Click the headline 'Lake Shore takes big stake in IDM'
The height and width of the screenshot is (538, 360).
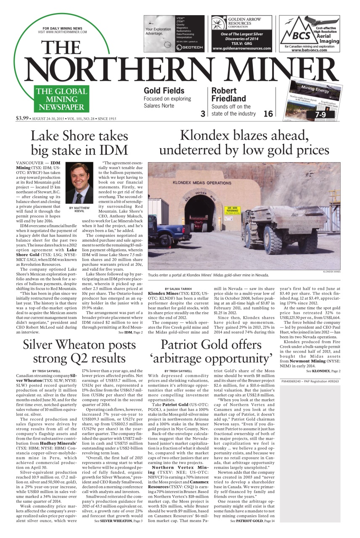pos(79,143)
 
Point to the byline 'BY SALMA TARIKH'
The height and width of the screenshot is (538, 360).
pos(178,289)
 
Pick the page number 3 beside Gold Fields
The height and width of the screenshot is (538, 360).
pos(203,113)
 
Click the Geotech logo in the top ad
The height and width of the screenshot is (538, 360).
pos(183,47)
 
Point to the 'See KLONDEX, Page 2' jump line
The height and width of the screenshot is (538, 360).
pos(323,371)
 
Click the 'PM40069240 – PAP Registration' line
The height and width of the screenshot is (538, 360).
pos(309,381)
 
